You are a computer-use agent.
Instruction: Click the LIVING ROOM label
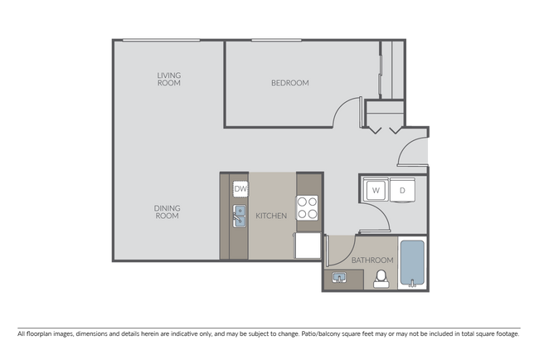click(x=169, y=79)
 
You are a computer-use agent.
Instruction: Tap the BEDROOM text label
click(x=290, y=83)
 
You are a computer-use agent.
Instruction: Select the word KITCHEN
click(x=271, y=216)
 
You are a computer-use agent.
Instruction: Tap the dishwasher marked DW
click(x=240, y=189)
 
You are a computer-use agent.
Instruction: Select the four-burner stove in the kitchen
click(x=308, y=207)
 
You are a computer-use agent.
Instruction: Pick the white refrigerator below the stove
click(x=308, y=245)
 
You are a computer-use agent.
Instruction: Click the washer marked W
click(x=375, y=190)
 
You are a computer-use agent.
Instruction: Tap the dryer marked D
click(x=402, y=190)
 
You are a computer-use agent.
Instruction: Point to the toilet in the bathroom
click(x=382, y=279)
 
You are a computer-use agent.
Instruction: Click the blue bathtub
click(x=412, y=263)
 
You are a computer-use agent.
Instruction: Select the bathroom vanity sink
click(x=339, y=276)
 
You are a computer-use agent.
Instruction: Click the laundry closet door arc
click(x=379, y=217)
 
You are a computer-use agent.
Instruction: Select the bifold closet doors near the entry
click(x=384, y=129)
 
